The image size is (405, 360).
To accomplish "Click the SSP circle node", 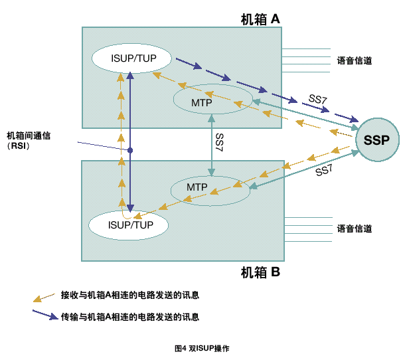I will pyautogui.click(x=376, y=139).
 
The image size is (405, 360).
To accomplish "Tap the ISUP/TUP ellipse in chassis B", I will pyautogui.click(x=130, y=225).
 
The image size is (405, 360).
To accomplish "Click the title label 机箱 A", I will pyautogui.click(x=260, y=19).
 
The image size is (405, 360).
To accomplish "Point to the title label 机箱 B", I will pyautogui.click(x=260, y=272).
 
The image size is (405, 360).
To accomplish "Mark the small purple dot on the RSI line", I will pyautogui.click(x=131, y=151).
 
